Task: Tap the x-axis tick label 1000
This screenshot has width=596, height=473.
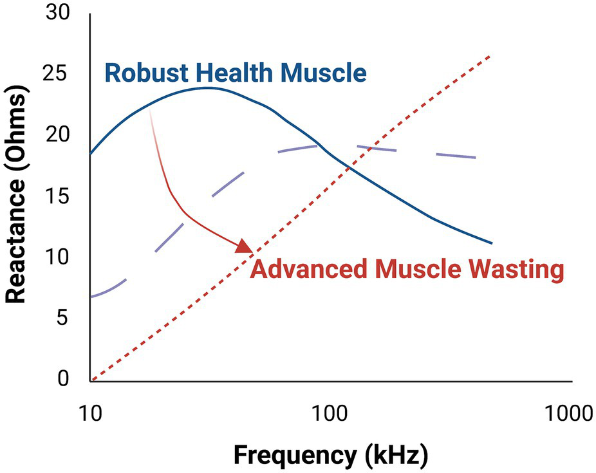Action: [x=567, y=413]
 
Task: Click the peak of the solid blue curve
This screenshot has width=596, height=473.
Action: [x=207, y=88]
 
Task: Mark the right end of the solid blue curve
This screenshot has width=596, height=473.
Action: [x=491, y=243]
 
